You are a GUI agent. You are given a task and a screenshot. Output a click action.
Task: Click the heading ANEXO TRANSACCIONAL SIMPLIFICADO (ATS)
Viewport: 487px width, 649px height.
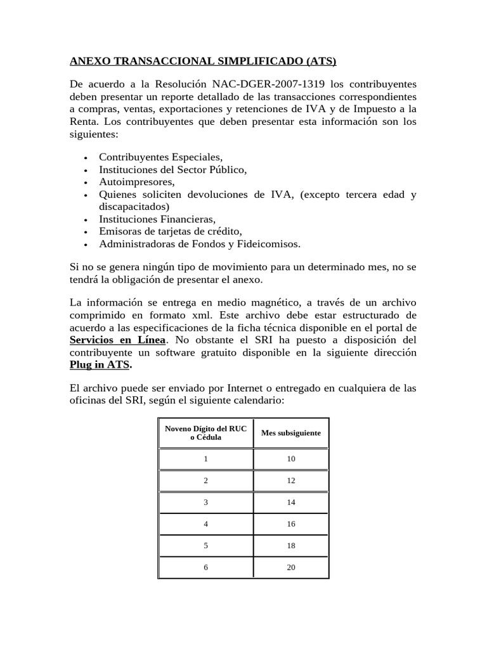203,61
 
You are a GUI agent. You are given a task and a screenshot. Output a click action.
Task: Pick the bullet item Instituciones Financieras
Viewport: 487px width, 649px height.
157,219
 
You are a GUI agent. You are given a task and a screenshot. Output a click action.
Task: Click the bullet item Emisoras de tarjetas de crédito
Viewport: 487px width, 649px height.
171,231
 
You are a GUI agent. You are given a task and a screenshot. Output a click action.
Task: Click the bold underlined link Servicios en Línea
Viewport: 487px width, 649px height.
117,340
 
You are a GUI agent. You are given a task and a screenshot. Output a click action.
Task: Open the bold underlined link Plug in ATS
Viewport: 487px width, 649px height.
100,365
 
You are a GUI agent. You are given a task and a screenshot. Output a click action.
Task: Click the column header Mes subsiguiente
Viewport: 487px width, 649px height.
290,433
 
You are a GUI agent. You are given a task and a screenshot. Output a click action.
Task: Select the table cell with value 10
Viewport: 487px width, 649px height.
291,458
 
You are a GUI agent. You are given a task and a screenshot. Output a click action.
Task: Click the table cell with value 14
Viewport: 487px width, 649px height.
291,501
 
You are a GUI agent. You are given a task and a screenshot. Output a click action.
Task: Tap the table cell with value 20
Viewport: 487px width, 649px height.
291,567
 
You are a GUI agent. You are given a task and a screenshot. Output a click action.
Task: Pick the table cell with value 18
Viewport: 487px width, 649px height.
291,545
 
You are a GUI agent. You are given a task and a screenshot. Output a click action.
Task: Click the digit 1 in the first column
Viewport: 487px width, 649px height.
205,458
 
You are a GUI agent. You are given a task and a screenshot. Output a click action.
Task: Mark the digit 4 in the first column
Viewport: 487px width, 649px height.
205,524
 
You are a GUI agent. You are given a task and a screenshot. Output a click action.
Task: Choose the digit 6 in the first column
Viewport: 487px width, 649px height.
205,567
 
